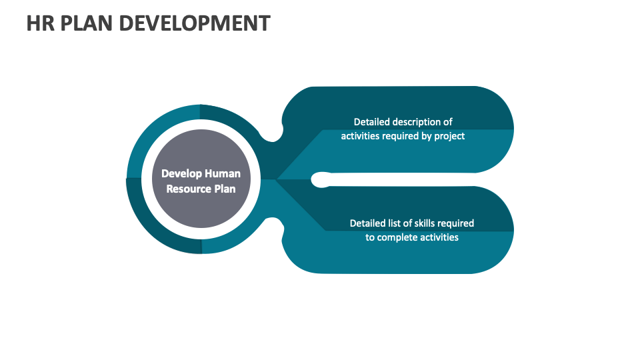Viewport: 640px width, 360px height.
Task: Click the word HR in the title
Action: click(39, 23)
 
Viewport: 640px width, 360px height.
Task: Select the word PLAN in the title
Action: click(84, 23)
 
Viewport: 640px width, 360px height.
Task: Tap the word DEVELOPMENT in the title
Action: click(194, 23)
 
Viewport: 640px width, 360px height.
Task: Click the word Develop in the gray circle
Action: click(181, 174)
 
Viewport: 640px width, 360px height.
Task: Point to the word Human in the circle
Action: click(222, 174)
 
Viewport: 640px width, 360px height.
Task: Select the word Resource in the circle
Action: click(189, 189)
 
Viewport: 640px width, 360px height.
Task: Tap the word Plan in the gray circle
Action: click(225, 189)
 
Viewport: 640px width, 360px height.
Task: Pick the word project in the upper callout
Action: click(449, 136)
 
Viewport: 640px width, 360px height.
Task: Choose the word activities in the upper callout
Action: click(360, 136)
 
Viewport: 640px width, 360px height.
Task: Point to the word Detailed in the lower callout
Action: click(368, 223)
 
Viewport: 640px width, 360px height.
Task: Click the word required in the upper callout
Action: click(399, 136)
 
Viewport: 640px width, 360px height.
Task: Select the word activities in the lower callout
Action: click(438, 237)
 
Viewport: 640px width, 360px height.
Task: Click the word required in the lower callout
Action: click(457, 223)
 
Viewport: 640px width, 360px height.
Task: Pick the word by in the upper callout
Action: click(425, 136)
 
